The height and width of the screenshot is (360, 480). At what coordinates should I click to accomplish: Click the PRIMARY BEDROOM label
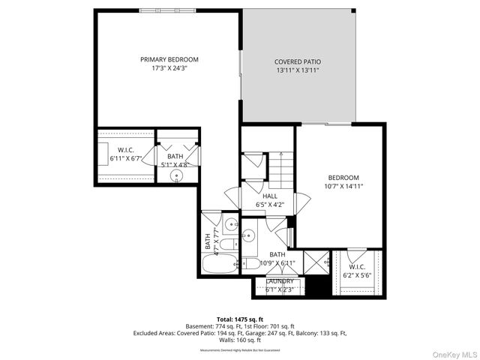(x=169, y=59)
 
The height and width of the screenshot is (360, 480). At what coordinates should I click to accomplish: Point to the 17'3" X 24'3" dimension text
(x=169, y=68)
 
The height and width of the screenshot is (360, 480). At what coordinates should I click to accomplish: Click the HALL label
(x=269, y=195)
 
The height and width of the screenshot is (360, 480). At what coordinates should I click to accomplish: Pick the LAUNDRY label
(x=280, y=280)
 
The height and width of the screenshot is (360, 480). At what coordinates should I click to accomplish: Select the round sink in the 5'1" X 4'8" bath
(x=176, y=176)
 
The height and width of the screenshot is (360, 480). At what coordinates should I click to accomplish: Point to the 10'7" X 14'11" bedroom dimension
(x=343, y=186)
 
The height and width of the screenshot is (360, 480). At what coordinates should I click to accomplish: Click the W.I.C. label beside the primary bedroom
(x=125, y=149)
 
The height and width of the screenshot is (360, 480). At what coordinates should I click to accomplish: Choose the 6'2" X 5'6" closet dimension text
(x=357, y=275)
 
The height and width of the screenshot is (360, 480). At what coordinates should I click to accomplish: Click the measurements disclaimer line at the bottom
(x=240, y=349)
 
